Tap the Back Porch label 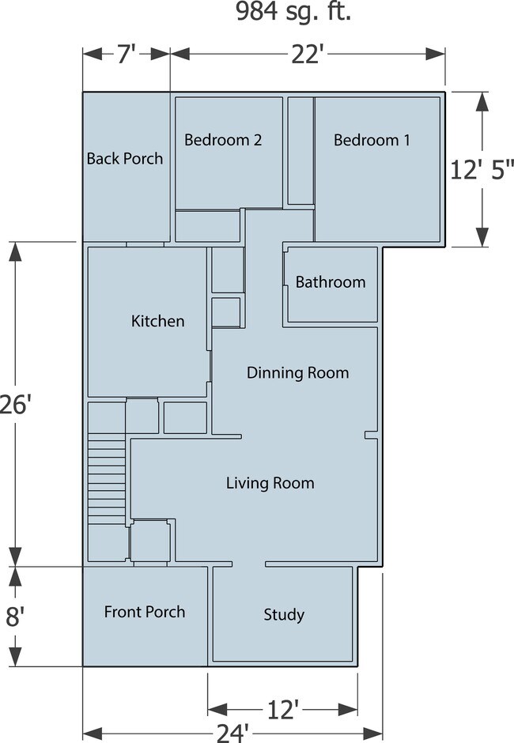(x=125, y=159)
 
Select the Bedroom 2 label (x=223, y=141)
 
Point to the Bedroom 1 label (x=372, y=141)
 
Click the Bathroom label (x=331, y=282)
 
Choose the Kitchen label (x=157, y=321)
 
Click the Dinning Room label (x=297, y=372)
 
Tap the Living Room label (x=270, y=483)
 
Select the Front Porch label (x=145, y=612)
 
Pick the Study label (x=284, y=615)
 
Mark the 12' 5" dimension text (x=482, y=170)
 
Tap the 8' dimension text (x=14, y=617)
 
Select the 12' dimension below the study (x=282, y=709)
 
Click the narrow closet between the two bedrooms (x=300, y=150)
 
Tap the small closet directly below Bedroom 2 (x=207, y=226)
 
